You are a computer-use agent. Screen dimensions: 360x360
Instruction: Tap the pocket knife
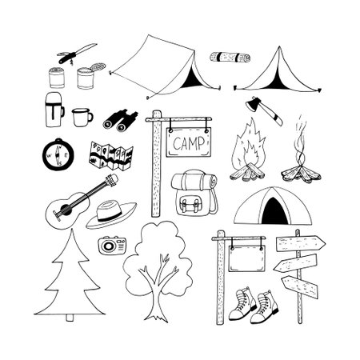[75, 54]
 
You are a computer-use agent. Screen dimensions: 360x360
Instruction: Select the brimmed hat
[111, 214]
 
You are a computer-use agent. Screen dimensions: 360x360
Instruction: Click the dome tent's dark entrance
[273, 211]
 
